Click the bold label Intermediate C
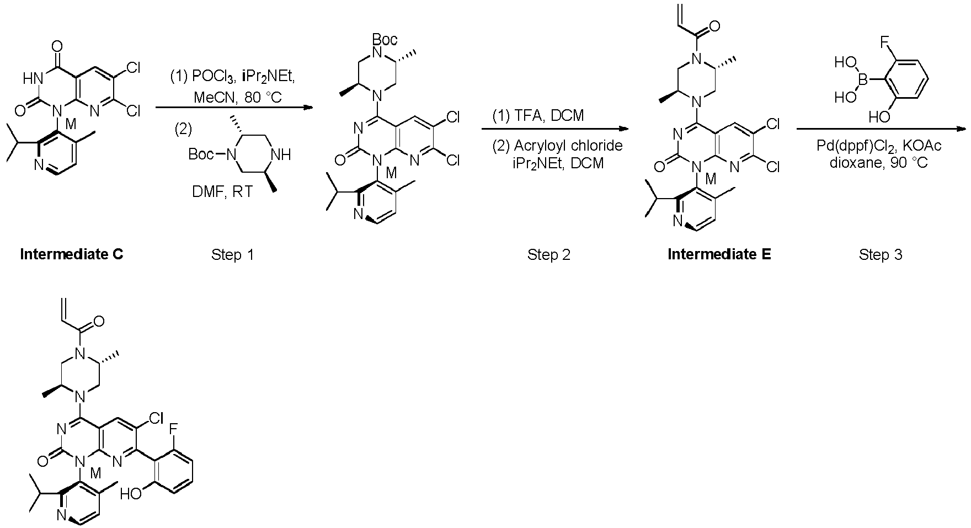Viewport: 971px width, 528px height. (72, 254)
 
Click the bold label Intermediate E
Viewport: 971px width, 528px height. (719, 254)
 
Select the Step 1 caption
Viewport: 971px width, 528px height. (233, 254)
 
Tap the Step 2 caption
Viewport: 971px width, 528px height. (549, 254)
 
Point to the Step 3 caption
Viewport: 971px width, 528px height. (881, 254)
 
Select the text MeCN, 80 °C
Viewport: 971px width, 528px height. (237, 98)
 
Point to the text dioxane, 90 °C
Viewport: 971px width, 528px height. (879, 163)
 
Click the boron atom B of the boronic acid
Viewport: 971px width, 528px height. (863, 80)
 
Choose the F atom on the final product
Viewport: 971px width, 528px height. (174, 428)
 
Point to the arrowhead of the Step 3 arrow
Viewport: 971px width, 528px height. (961, 130)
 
